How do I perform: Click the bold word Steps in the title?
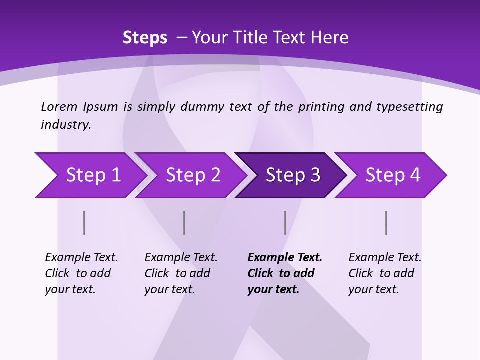tap(145, 38)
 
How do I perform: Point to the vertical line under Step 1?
tap(84, 223)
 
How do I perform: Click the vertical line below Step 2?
tap(184, 223)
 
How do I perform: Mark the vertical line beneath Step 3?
tap(285, 223)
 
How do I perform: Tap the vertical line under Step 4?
tap(386, 223)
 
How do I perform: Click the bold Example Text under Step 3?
tap(285, 257)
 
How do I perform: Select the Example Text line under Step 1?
tap(81, 257)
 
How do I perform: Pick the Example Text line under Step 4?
tap(385, 257)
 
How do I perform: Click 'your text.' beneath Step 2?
tap(169, 289)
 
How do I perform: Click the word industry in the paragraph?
tap(65, 125)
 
